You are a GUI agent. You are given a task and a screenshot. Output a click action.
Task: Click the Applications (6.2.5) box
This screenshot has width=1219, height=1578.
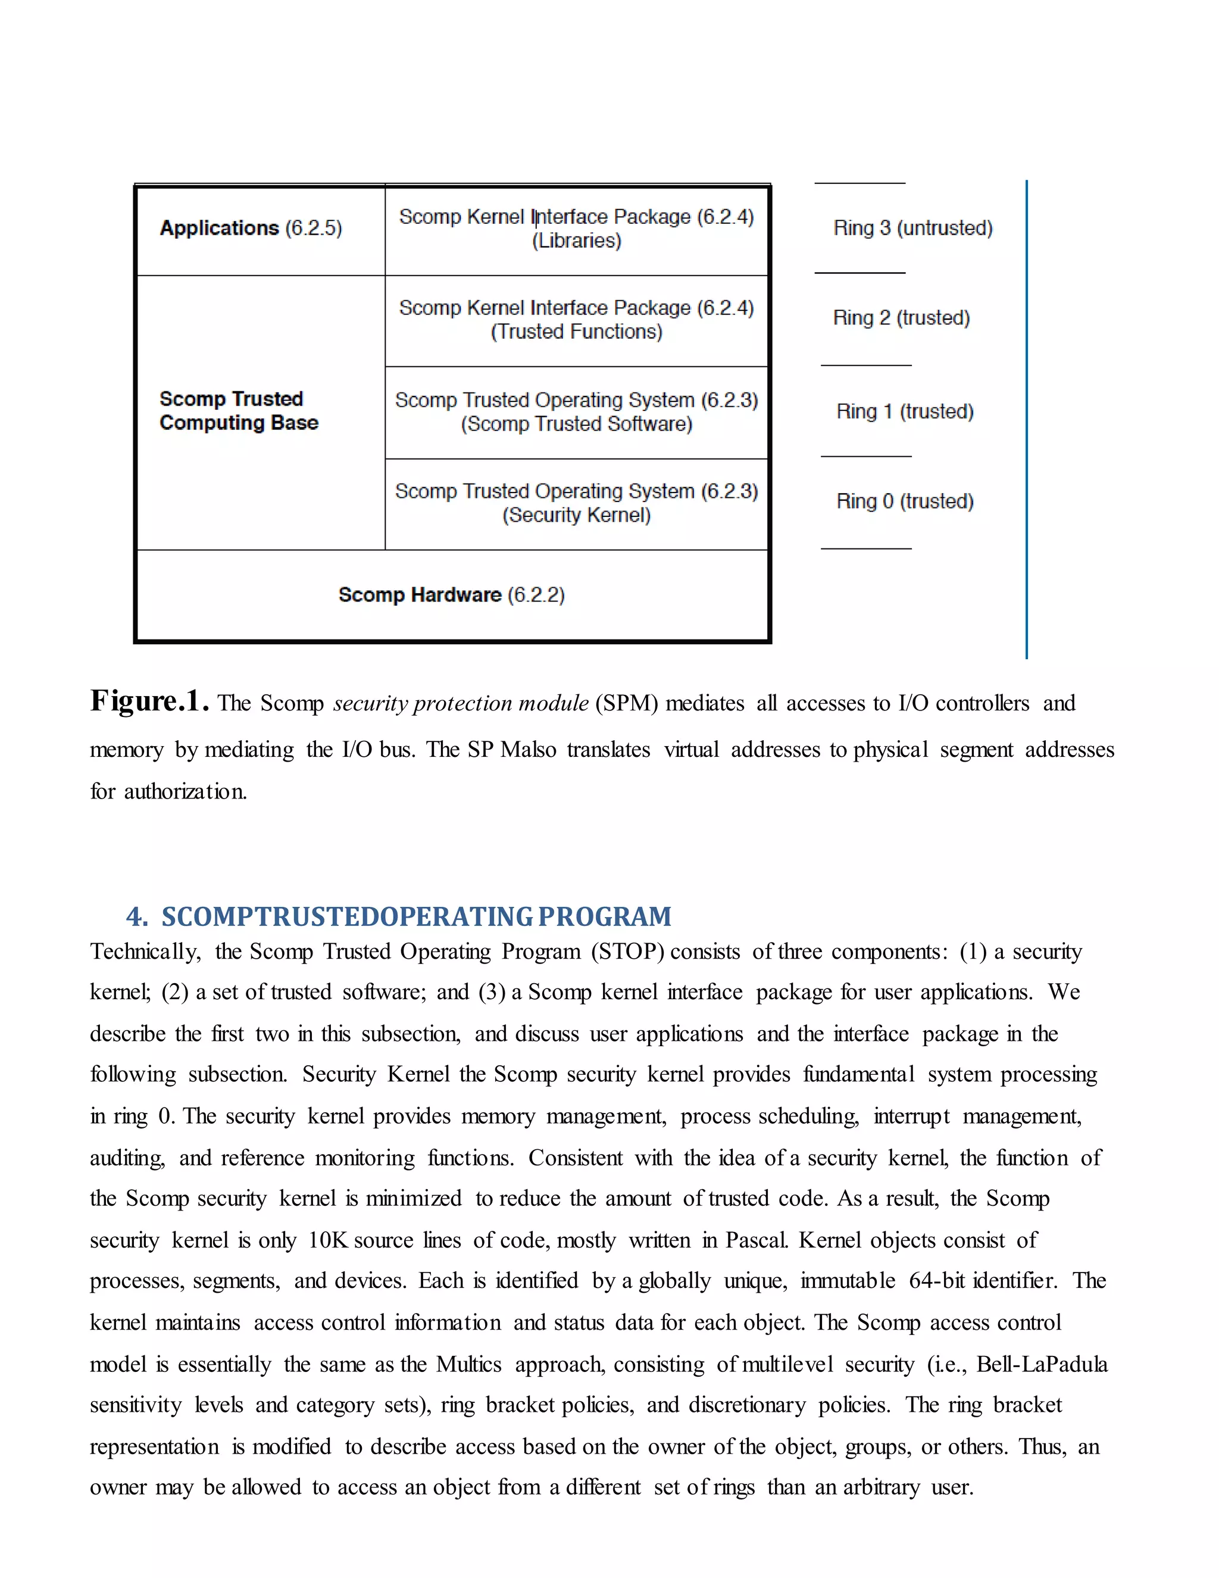click(x=251, y=228)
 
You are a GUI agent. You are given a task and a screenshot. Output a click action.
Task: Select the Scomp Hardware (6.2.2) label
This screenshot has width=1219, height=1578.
click(x=451, y=595)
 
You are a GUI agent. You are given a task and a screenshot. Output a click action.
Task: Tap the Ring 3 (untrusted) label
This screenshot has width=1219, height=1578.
click(x=913, y=228)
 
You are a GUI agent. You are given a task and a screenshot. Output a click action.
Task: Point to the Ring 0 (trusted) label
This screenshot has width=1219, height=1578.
click(x=905, y=501)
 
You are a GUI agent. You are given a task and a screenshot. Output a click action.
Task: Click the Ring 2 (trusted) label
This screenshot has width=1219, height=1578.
click(x=901, y=318)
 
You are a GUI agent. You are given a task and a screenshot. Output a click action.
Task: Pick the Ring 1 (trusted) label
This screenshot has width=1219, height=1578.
click(x=905, y=412)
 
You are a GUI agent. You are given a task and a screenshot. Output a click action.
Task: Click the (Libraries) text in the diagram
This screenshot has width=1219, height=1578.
click(x=576, y=241)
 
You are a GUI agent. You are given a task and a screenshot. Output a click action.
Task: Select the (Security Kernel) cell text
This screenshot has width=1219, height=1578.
click(x=576, y=515)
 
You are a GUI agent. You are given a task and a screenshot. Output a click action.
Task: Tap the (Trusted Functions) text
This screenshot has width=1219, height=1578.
click(x=576, y=332)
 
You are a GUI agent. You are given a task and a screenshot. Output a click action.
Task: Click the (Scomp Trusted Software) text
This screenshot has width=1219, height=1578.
click(x=576, y=424)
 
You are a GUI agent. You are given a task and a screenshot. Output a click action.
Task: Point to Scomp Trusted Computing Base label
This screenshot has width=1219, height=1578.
click(x=238, y=410)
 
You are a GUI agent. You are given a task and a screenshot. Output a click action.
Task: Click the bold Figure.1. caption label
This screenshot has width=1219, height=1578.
click(x=149, y=701)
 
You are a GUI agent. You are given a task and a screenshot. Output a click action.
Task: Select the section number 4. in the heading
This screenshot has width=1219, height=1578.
click(x=136, y=917)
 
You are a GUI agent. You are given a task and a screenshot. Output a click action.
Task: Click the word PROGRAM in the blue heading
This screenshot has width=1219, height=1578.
click(x=605, y=917)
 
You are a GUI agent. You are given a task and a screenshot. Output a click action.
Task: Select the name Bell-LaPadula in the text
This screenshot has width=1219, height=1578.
click(x=1042, y=1364)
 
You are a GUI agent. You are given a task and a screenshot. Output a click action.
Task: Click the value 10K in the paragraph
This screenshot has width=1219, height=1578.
click(x=329, y=1240)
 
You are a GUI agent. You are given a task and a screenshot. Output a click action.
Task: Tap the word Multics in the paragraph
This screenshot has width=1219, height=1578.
click(x=468, y=1364)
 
